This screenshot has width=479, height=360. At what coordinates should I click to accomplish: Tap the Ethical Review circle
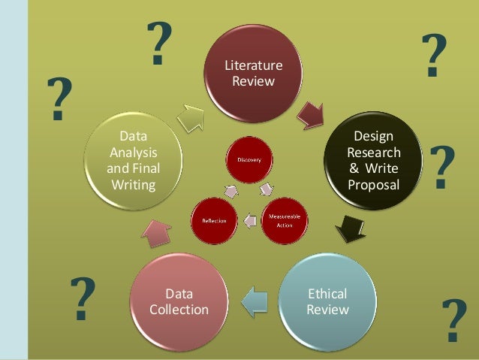point(327,301)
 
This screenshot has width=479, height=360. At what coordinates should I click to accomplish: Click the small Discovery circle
point(249,159)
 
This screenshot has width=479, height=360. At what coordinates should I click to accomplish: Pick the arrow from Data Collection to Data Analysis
point(155,234)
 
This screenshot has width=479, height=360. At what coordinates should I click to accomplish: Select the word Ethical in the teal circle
point(327,294)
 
